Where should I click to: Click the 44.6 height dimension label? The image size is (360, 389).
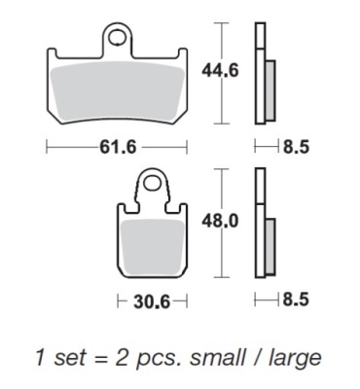click(x=220, y=70)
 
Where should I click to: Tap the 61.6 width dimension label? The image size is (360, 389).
click(x=118, y=148)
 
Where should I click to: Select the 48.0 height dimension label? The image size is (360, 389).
click(x=220, y=222)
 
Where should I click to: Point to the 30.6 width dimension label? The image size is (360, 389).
click(x=152, y=302)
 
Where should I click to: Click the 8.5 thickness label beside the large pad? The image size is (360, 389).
click(x=297, y=148)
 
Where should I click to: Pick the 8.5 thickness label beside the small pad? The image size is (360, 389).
click(x=296, y=300)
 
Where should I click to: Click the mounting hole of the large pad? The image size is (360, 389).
click(x=117, y=37)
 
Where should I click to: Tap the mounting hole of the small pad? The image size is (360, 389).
click(x=151, y=184)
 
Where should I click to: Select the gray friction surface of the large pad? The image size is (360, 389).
click(x=118, y=92)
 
